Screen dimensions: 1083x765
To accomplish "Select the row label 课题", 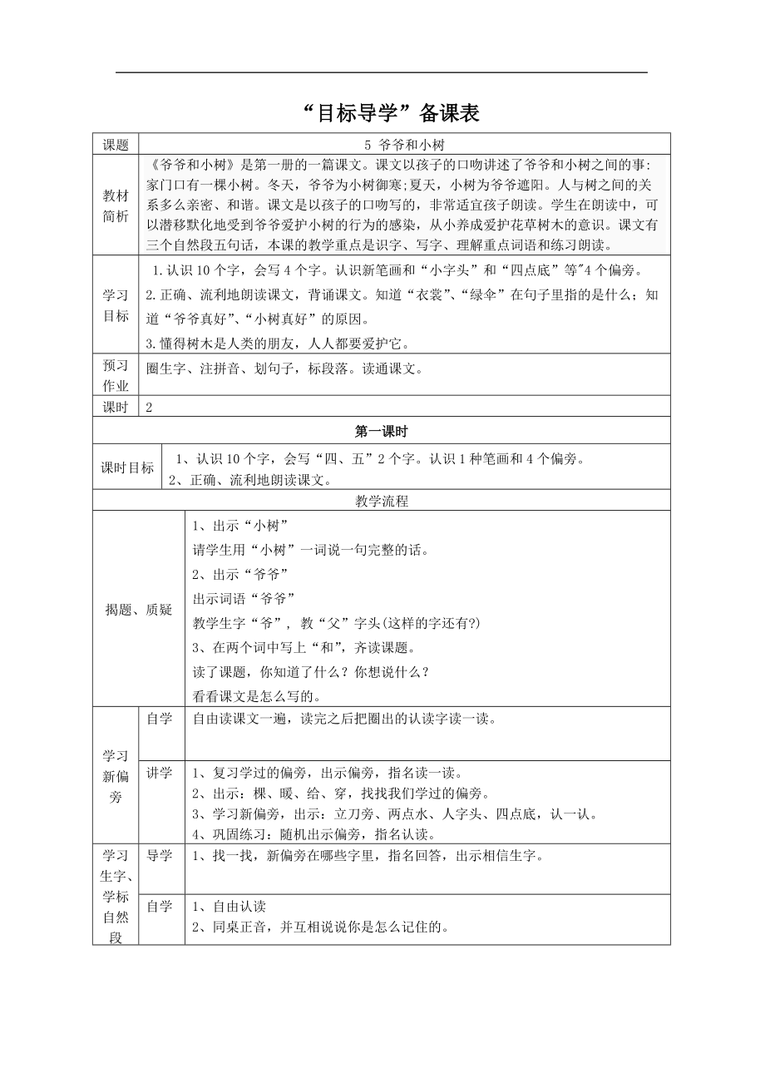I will coord(116,145).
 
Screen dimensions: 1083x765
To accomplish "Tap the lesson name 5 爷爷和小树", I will coord(404,145).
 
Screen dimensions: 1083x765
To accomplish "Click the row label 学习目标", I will coord(116,305).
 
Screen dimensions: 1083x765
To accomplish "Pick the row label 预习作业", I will coord(116,375).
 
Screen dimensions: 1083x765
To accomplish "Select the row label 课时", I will coord(116,407).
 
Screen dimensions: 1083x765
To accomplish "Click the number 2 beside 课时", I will coord(149,407).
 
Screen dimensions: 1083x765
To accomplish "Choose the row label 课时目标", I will coord(128,467).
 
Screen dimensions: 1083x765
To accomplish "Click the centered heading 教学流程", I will coord(381,501).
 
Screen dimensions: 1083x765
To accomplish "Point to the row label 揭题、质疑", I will coord(138,611).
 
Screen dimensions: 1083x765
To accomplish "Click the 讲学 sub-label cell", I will coord(160,773).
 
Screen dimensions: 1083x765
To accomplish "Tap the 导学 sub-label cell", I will coord(160,856).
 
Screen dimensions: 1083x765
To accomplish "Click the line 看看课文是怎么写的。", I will coord(257,696).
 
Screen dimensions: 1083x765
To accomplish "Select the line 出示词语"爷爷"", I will coord(244,598).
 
